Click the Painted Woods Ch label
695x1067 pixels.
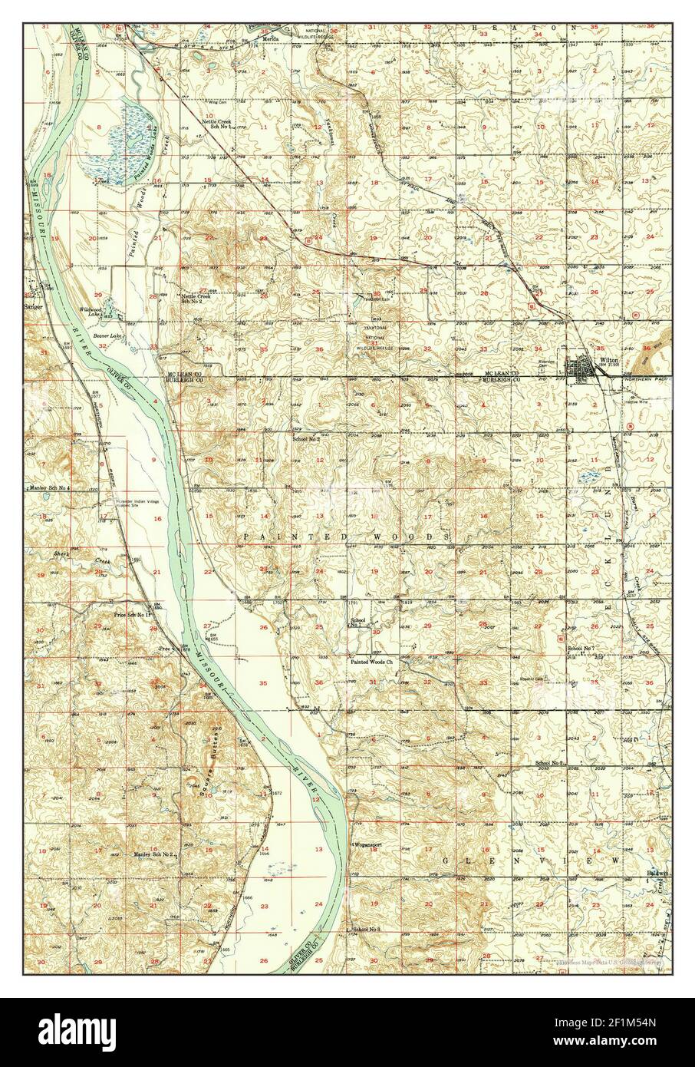(371, 661)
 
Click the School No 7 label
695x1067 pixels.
(581, 649)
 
